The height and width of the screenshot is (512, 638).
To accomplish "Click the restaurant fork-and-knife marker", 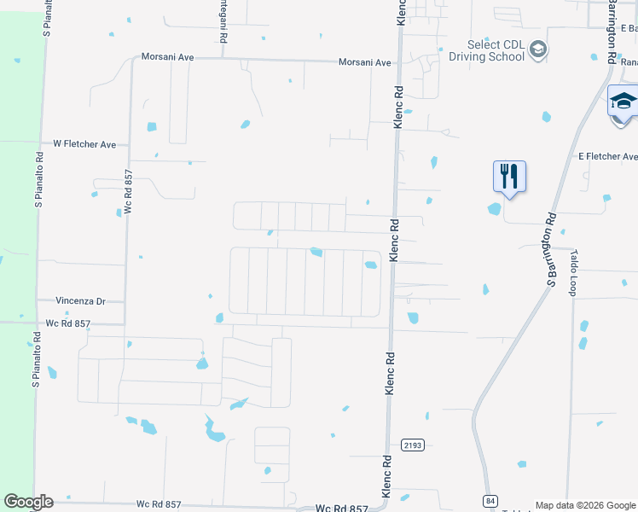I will (509, 176).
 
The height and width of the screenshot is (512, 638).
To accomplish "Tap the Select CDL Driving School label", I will (496, 51).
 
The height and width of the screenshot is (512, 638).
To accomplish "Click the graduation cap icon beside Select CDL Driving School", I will (537, 51).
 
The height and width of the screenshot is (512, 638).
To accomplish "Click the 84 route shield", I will (489, 499).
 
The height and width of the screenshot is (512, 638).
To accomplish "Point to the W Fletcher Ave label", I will (84, 144).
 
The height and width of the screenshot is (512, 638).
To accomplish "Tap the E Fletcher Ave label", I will (607, 157).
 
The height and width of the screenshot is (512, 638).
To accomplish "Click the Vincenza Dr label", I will (80, 301).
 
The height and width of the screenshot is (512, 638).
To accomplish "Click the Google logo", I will (28, 502).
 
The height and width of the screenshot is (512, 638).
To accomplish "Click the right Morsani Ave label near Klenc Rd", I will (364, 62).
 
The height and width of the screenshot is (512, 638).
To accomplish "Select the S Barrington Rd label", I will (551, 250).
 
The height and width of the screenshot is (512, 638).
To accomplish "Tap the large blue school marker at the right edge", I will (623, 102).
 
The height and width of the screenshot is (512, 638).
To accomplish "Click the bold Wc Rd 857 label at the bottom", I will (342, 508).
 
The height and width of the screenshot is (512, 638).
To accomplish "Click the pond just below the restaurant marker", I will (495, 209).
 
